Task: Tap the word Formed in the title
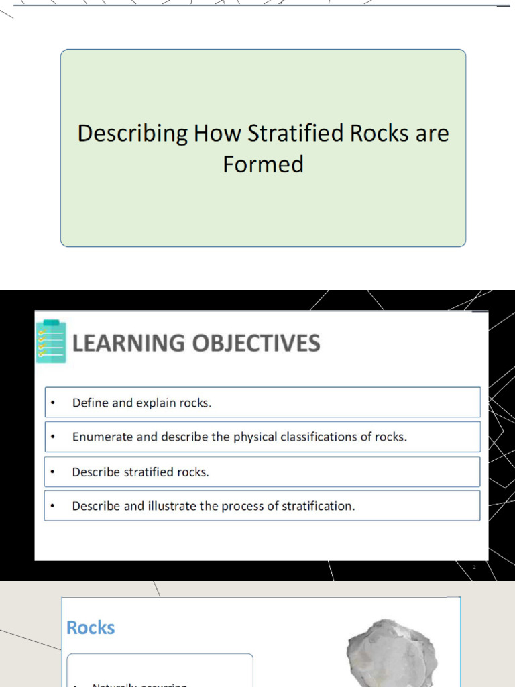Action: pos(263,164)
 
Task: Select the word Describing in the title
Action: pos(133,134)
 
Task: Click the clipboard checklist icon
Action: pos(51,341)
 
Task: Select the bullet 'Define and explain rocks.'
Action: pos(141,403)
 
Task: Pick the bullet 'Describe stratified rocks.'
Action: pos(140,472)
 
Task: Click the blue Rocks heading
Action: pos(91,628)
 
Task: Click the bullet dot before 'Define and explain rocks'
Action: pos(52,403)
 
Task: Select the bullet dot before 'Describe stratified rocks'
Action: pos(52,472)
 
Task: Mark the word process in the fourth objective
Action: pos(243,507)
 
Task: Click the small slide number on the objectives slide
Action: pos(474,568)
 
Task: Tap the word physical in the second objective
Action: pos(254,437)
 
